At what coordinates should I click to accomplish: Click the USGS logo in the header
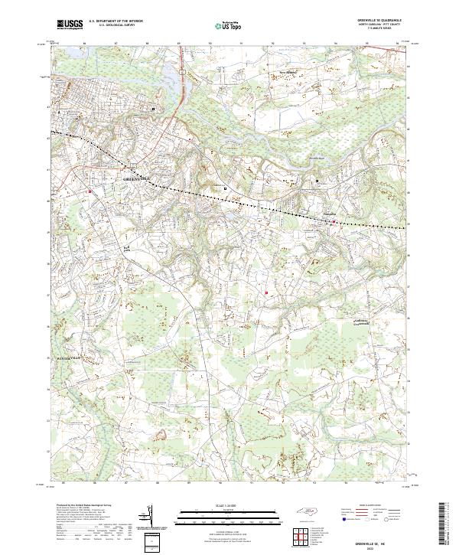pyautogui.click(x=70, y=25)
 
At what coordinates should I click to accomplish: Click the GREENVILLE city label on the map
pyautogui.click(x=138, y=178)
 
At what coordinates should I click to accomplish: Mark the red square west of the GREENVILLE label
pyautogui.click(x=90, y=191)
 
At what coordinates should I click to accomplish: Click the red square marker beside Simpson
pyautogui.click(x=333, y=222)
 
